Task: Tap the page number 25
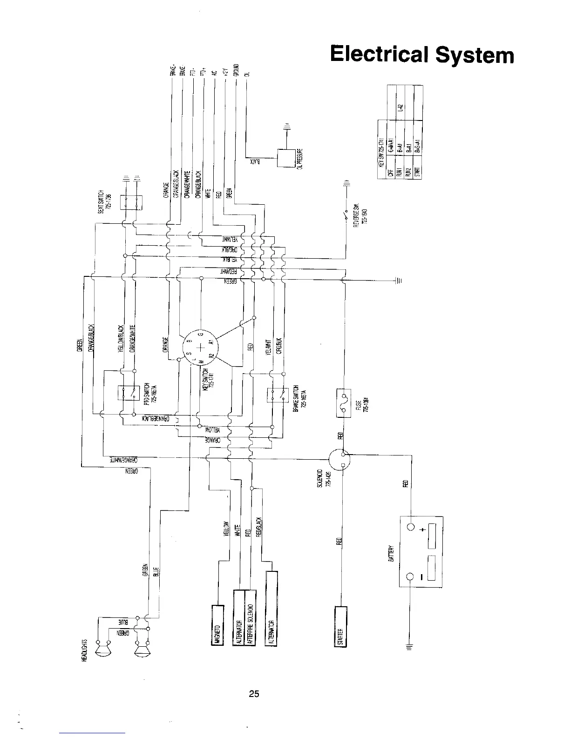[254, 694]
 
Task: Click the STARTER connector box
[340, 626]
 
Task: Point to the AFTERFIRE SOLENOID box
[250, 617]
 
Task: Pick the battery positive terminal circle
[411, 528]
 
